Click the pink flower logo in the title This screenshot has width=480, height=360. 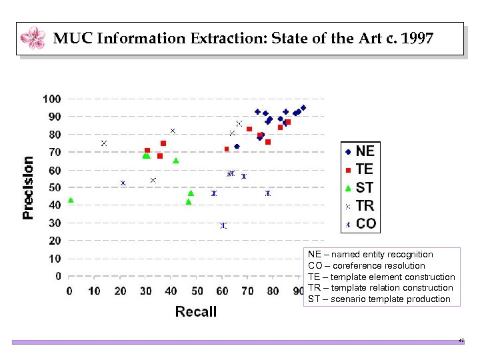(33, 38)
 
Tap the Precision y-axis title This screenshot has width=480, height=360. (29, 187)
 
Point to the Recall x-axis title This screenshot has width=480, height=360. (196, 311)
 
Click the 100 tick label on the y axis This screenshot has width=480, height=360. (52, 99)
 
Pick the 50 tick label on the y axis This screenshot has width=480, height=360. (55, 187)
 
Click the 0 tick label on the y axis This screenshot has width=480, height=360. (59, 276)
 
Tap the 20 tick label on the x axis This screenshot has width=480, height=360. (121, 290)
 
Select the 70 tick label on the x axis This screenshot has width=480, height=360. (248, 290)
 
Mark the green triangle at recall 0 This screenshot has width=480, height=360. (71, 200)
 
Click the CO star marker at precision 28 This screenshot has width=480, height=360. (223, 225)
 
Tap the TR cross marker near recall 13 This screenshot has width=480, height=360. (104, 143)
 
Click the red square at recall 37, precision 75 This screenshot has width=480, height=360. (163, 143)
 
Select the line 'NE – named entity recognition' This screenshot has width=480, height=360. (371, 254)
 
